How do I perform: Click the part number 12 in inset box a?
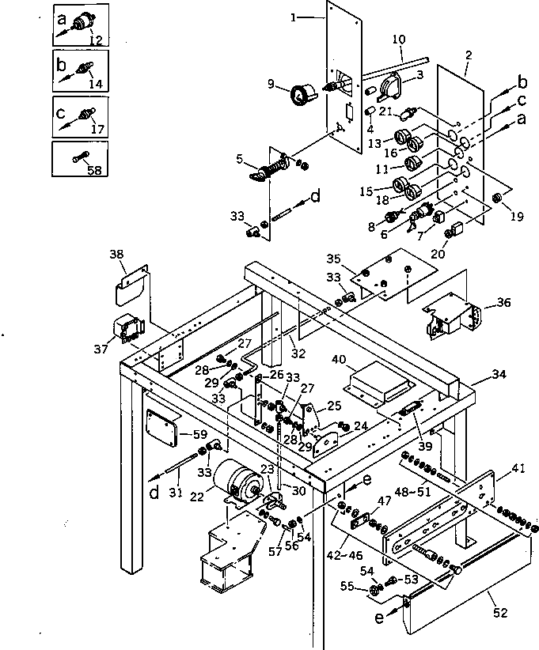pyautogui.click(x=96, y=40)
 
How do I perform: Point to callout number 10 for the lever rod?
pyautogui.click(x=399, y=40)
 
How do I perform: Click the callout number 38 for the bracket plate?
pyautogui.click(x=117, y=255)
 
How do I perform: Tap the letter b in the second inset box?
pyautogui.click(x=61, y=65)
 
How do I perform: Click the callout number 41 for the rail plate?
pyautogui.click(x=518, y=469)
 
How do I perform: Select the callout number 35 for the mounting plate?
pyautogui.click(x=334, y=259)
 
